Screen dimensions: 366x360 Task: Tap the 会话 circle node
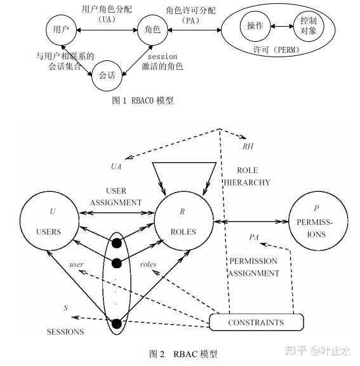click(x=107, y=74)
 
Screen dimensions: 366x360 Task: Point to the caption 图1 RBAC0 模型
click(x=143, y=100)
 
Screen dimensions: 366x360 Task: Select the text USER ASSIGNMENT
click(x=116, y=196)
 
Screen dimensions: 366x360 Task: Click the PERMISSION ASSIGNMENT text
click(x=253, y=267)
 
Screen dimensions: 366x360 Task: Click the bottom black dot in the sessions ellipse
click(x=117, y=324)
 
